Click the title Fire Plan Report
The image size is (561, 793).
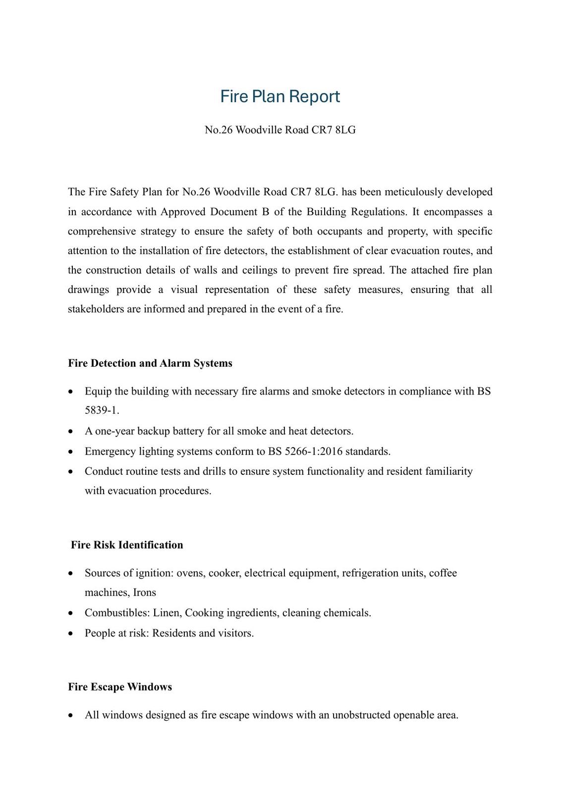coord(280,96)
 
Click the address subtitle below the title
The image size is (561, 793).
coord(280,130)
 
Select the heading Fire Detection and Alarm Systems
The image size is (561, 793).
coord(150,363)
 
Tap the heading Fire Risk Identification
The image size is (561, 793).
coord(127,545)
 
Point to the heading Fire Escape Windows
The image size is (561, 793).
coord(120,687)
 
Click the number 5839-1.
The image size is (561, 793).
coord(102,411)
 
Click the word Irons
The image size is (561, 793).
coord(144,593)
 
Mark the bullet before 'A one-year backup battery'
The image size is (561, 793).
coord(71,432)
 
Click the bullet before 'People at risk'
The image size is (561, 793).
coord(71,633)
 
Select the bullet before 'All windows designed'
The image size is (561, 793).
coord(71,715)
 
